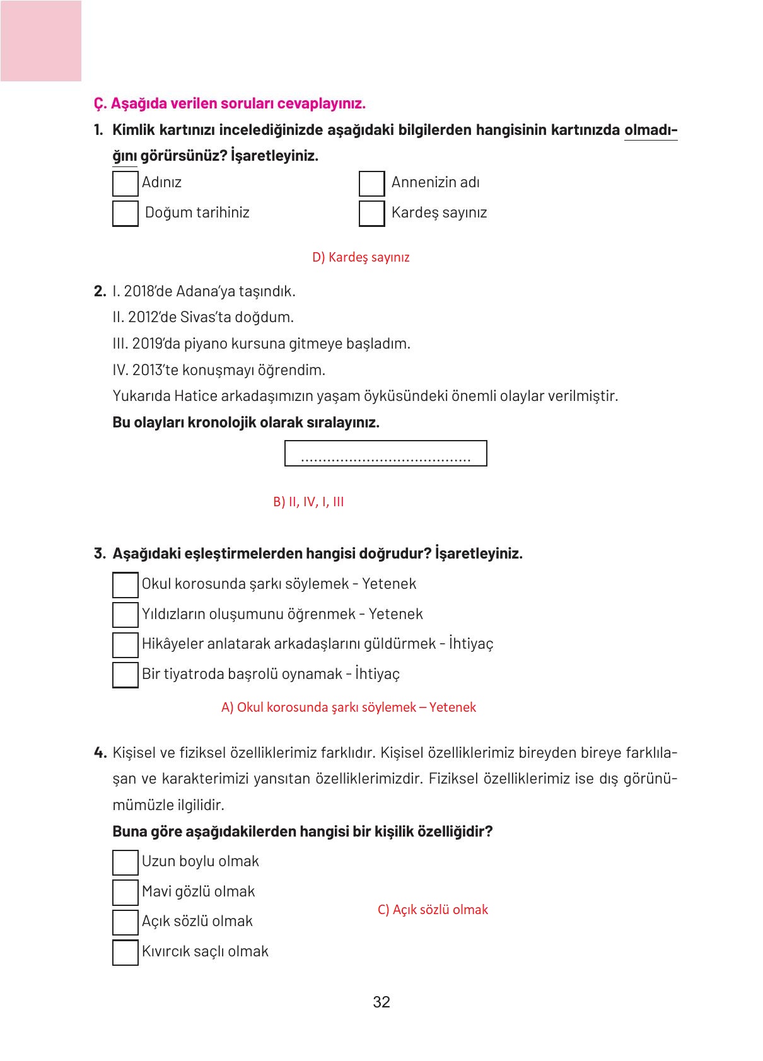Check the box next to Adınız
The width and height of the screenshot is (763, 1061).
125,183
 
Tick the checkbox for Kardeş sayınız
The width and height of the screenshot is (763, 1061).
371,213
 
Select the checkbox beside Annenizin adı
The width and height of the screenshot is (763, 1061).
371,183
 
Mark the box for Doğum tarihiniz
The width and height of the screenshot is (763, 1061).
125,213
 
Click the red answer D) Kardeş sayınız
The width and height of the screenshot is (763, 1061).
361,257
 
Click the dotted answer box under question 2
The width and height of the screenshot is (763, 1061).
385,453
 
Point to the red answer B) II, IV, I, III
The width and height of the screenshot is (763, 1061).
308,502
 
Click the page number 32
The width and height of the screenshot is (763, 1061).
382,1002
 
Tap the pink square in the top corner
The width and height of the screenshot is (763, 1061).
40,40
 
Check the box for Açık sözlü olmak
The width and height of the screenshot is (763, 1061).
125,922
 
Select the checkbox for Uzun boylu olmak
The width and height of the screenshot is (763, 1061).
125,862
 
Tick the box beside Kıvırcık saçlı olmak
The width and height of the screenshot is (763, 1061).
125,952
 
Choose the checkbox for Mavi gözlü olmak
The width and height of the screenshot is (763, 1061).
125,892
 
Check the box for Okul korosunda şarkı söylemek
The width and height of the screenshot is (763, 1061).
125,584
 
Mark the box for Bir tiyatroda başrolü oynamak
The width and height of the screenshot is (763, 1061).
125,675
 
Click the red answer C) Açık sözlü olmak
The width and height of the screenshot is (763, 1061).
433,910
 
